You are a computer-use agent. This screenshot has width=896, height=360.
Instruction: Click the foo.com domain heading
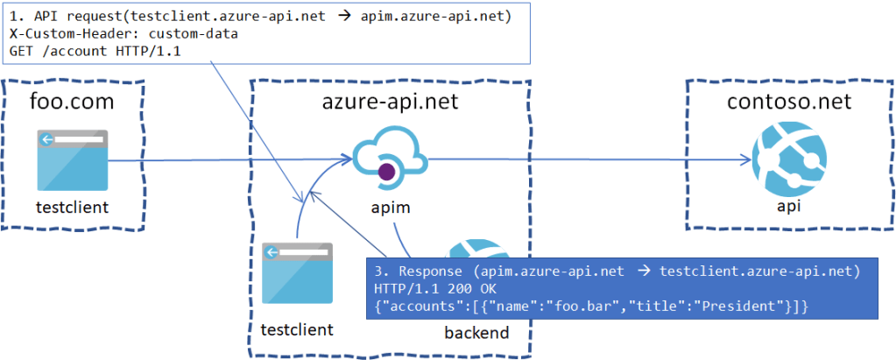tap(72, 103)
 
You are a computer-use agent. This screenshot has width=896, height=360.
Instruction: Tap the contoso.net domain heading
tap(789, 102)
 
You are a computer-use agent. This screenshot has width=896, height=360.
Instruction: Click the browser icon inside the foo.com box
tap(72, 160)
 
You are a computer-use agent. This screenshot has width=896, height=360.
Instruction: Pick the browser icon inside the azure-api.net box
tap(297, 275)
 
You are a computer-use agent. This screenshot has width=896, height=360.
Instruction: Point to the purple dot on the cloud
tap(385, 173)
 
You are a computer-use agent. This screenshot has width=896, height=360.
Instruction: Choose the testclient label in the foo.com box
tap(72, 208)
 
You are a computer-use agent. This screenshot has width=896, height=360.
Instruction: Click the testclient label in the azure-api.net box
tap(297, 329)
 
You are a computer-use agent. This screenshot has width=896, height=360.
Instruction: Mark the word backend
tap(478, 332)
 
